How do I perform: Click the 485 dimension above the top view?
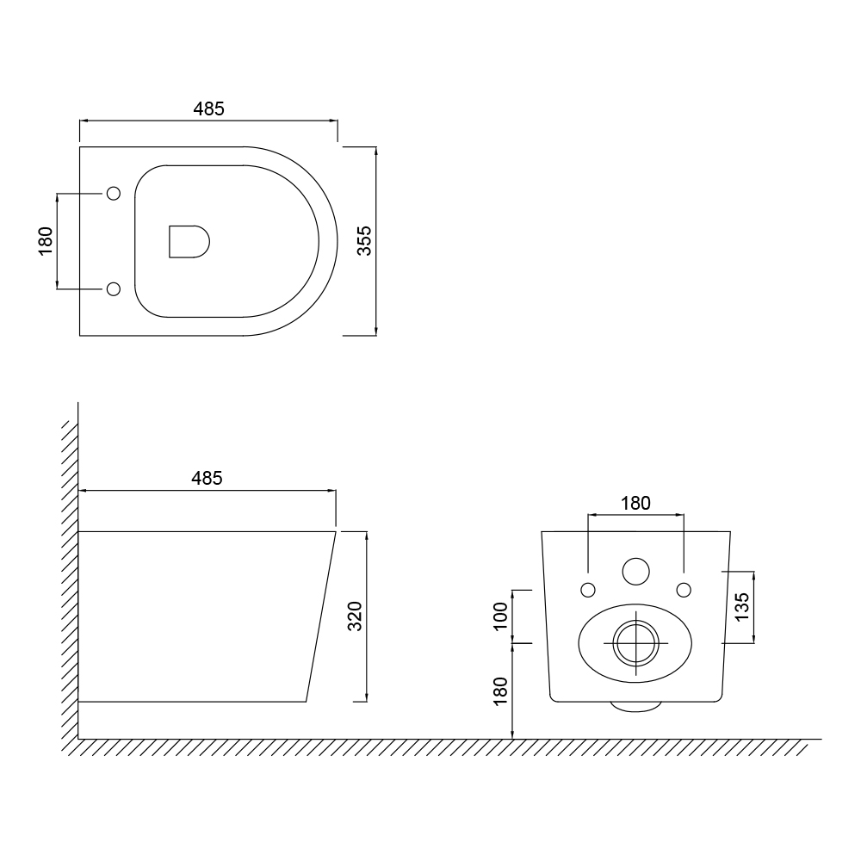208,109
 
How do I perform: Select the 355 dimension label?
364,241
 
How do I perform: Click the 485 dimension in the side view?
207,478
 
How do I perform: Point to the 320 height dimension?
355,616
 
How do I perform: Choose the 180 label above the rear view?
635,503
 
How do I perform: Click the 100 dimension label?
500,616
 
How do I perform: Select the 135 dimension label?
741,607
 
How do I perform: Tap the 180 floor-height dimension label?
500,691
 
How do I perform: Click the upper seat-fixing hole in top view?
114,193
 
